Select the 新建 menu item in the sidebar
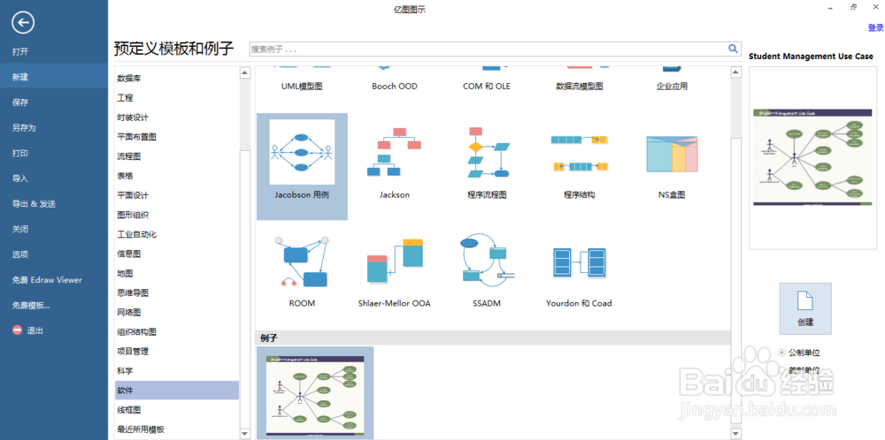[x=20, y=77]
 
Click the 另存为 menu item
[x=24, y=127]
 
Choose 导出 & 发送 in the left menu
[x=34, y=203]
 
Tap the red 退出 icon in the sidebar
[x=17, y=330]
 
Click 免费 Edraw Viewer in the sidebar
[x=47, y=279]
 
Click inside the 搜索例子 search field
[x=487, y=49]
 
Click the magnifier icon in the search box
[x=733, y=49]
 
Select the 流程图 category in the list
[x=129, y=156]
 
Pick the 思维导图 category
[x=133, y=292]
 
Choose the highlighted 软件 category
[x=126, y=390]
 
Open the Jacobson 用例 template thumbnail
[x=302, y=153]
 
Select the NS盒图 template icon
[x=672, y=154]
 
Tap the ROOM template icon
[x=302, y=262]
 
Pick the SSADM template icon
[x=486, y=262]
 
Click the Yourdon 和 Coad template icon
[x=579, y=262]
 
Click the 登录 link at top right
[x=875, y=27]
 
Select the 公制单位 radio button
[x=781, y=352]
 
